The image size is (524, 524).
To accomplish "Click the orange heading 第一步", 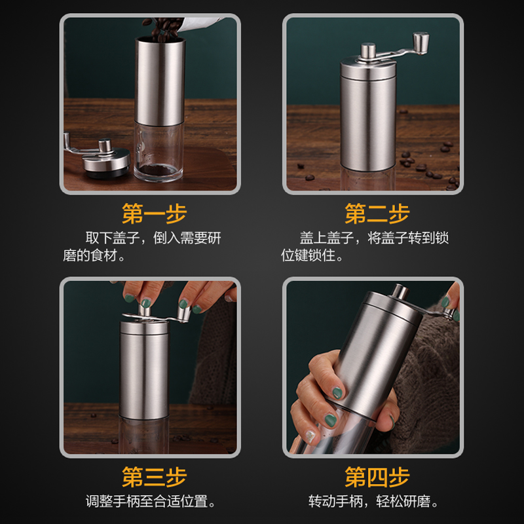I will (x=155, y=214).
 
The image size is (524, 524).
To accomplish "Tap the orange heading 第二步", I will (x=377, y=214).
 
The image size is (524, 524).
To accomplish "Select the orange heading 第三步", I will (x=155, y=477).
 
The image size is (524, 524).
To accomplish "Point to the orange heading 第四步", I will (x=377, y=477).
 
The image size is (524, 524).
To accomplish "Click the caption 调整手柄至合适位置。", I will (x=151, y=502).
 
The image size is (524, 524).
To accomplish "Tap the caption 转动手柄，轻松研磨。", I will (x=374, y=502).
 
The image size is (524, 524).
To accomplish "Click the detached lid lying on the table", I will (x=105, y=160).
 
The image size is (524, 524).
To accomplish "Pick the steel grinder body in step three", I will (x=144, y=367).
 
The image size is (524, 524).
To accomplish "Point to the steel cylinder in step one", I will (x=160, y=82).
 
